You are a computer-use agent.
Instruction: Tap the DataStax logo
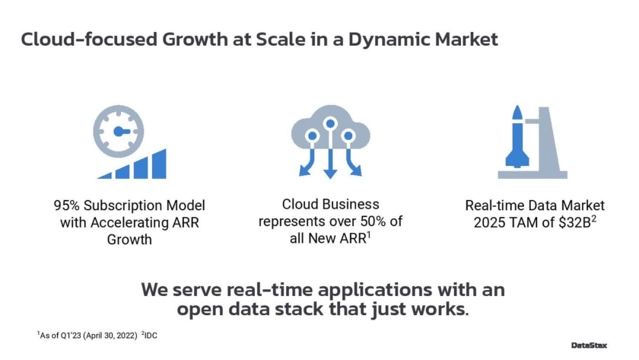click(x=589, y=346)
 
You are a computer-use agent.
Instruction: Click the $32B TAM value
click(x=574, y=222)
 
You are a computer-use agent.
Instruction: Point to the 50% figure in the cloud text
click(x=373, y=221)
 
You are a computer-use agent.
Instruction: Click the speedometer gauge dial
click(x=118, y=131)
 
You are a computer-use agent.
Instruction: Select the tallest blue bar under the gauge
click(x=159, y=164)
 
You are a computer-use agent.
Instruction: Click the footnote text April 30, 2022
click(x=110, y=336)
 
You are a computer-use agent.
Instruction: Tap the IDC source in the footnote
click(x=151, y=336)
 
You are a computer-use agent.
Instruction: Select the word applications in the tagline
click(x=374, y=291)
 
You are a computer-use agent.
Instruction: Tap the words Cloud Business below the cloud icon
click(x=330, y=204)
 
